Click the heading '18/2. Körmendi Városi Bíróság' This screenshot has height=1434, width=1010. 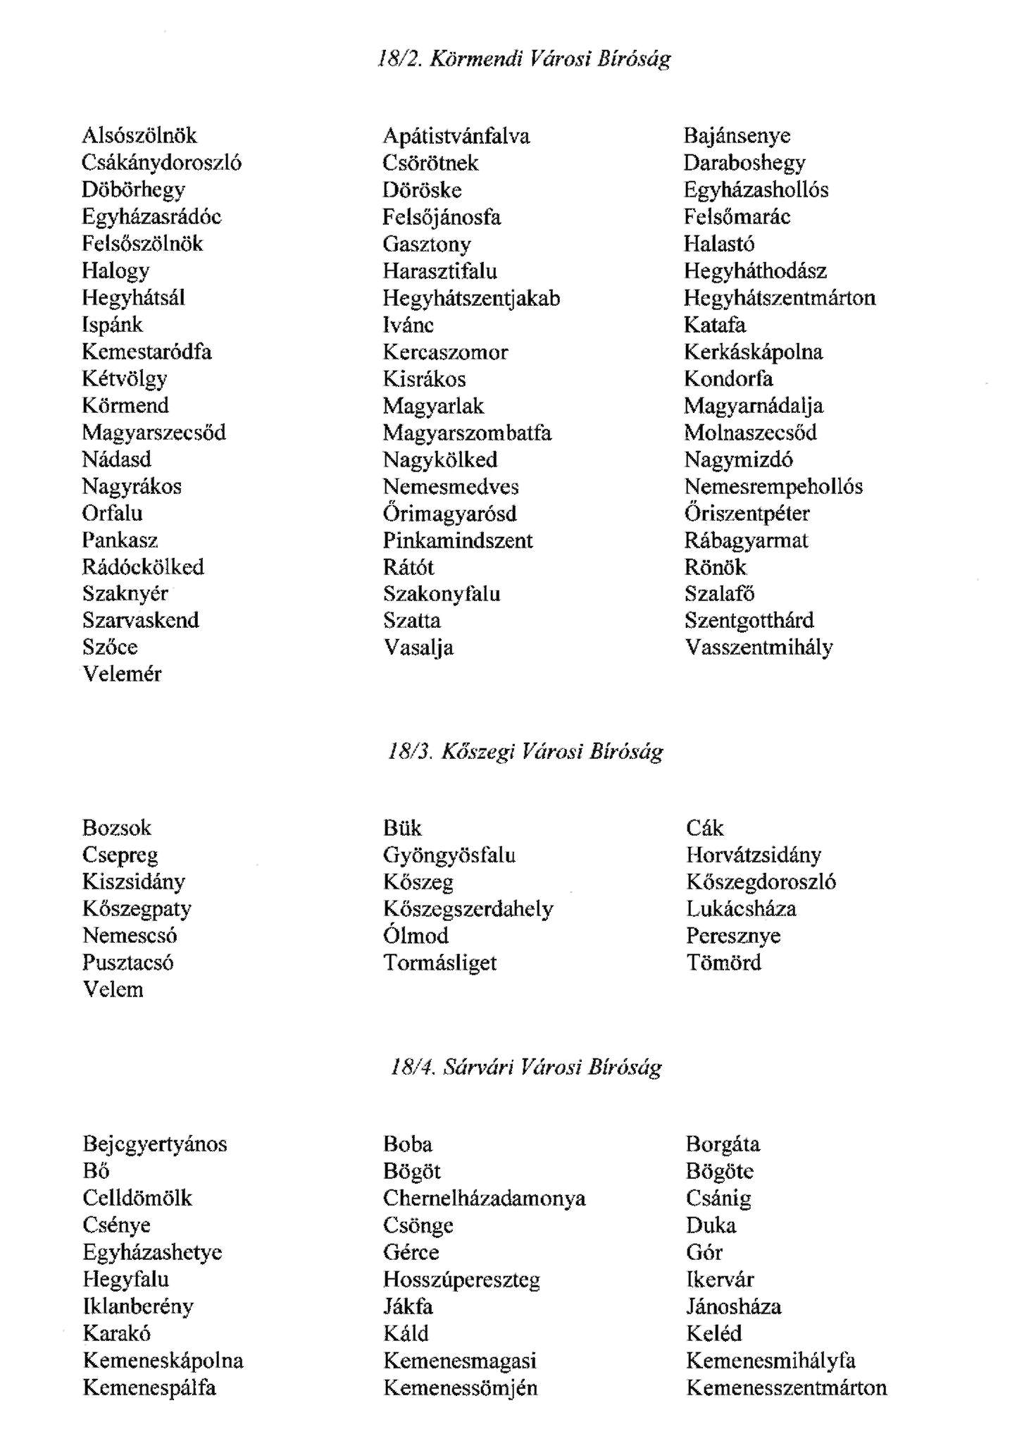pos(524,58)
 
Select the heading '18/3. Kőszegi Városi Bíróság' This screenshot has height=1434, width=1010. pos(525,752)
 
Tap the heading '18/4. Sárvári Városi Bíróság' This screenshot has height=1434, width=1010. pos(525,1068)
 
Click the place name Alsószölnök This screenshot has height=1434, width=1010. pos(139,135)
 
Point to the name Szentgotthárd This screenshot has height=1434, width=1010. pos(749,621)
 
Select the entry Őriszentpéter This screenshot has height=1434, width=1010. pos(747,513)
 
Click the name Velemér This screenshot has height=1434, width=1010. pos(122,674)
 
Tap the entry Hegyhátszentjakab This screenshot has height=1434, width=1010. pos(471,298)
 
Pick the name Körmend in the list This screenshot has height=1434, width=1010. pos(125,406)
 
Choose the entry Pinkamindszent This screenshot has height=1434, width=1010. pos(458,540)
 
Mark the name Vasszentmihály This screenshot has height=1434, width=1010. pos(759,648)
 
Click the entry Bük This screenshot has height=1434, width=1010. pos(402,828)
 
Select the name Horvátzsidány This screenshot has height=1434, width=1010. pos(754,855)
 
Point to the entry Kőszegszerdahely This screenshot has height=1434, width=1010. pos(468,909)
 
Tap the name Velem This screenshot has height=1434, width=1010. pos(113,989)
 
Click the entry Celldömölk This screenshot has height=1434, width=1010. pos(137,1198)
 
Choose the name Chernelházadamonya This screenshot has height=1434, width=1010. pos(484,1198)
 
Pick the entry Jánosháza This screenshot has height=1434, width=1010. pos(733,1306)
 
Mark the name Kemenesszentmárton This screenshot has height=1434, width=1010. pos(786,1387)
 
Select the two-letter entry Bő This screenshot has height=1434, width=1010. pos(96,1171)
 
